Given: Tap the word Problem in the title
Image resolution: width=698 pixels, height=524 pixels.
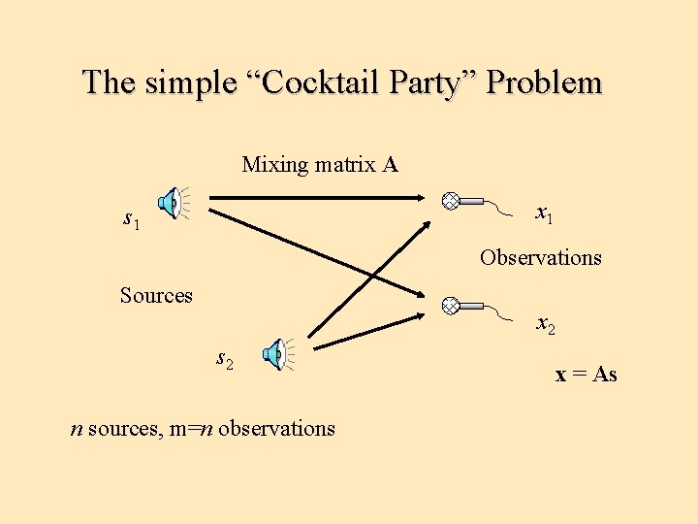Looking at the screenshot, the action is pyautogui.click(x=544, y=82).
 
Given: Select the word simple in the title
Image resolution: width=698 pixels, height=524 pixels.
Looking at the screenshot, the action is pyautogui.click(x=190, y=82).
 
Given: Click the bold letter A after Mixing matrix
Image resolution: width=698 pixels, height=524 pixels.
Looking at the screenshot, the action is pyautogui.click(x=390, y=165).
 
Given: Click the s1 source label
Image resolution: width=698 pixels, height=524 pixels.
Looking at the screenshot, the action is pyautogui.click(x=131, y=220).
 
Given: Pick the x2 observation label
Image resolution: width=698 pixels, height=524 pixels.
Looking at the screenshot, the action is pyautogui.click(x=546, y=324).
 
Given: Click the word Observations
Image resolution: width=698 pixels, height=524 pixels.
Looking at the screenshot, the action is pyautogui.click(x=540, y=258).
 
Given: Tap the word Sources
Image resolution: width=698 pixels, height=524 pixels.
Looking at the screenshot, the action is pyautogui.click(x=156, y=295).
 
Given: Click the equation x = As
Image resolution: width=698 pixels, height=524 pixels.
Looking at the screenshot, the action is pyautogui.click(x=586, y=375).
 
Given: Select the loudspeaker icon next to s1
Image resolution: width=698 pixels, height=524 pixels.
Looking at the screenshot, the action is pyautogui.click(x=173, y=203).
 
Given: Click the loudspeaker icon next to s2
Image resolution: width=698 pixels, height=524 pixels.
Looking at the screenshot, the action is pyautogui.click(x=278, y=354).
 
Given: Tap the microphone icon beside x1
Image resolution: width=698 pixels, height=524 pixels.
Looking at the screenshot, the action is pyautogui.click(x=463, y=202).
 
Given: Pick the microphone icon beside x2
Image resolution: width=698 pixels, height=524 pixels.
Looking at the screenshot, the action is pyautogui.click(x=463, y=305).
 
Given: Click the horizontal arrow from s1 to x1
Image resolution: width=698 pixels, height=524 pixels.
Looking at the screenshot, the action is pyautogui.click(x=320, y=201).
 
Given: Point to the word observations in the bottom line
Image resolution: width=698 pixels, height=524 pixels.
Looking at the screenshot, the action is pyautogui.click(x=277, y=428).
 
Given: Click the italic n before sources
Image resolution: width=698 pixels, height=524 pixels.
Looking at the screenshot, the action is pyautogui.click(x=77, y=428).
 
